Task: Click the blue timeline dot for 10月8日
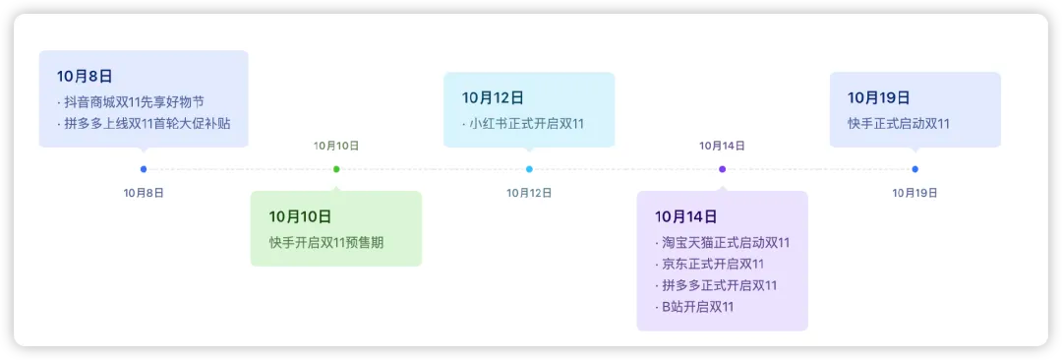143,169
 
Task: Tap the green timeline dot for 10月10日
336,169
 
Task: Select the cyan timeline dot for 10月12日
529,169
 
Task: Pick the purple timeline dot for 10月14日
722,169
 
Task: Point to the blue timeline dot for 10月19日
915,169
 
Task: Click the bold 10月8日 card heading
85,76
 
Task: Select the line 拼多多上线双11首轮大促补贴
144,123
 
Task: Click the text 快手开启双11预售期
326,242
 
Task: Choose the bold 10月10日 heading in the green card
300,217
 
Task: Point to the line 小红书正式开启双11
523,123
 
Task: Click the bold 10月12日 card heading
493,97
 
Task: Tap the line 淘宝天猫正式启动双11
722,243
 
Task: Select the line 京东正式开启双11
709,264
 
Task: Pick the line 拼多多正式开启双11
716,285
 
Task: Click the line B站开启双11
694,307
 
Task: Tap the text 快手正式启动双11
899,123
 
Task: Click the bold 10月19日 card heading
878,97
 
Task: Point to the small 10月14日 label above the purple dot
722,146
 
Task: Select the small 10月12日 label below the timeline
529,193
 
